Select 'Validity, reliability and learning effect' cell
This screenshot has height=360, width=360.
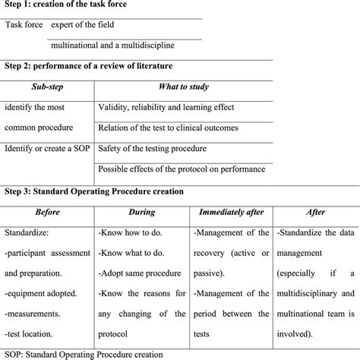(x=177, y=108)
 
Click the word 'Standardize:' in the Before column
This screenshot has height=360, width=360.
(x=27, y=233)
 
